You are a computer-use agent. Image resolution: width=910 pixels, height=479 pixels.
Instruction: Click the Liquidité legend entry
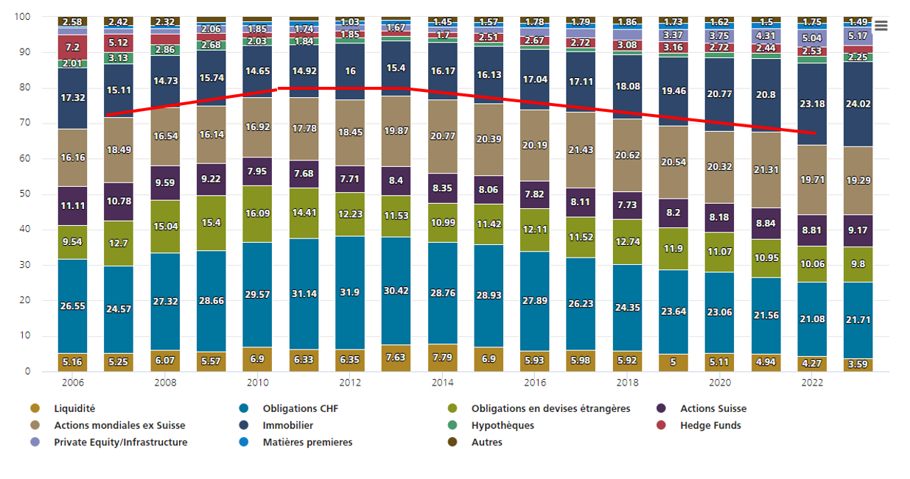pyautogui.click(x=74, y=408)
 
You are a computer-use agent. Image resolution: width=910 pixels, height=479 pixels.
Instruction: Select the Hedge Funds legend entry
pyautogui.click(x=710, y=425)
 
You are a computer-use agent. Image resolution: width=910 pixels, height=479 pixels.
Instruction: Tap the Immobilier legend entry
pyautogui.click(x=287, y=425)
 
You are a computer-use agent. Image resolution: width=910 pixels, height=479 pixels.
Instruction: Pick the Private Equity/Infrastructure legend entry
pyautogui.click(x=120, y=442)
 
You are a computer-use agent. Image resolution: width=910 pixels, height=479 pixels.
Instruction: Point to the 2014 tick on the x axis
pyautogui.click(x=443, y=383)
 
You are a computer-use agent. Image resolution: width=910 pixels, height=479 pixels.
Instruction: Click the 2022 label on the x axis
pyautogui.click(x=812, y=383)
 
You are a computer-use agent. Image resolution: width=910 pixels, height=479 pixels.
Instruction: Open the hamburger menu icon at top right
pyautogui.click(x=881, y=26)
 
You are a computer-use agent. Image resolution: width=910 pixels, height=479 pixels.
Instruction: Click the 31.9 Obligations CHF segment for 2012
pyautogui.click(x=350, y=293)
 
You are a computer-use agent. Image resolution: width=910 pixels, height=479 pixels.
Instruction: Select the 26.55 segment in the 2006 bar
pyautogui.click(x=73, y=306)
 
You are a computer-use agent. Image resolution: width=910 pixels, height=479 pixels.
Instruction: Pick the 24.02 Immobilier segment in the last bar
pyautogui.click(x=858, y=104)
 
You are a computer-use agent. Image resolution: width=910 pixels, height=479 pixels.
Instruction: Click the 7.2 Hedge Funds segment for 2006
pyautogui.click(x=73, y=47)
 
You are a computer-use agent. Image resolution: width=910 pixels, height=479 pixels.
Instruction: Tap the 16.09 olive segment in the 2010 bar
pyautogui.click(x=258, y=214)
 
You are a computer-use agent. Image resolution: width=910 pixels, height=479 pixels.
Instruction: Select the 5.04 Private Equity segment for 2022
pyautogui.click(x=811, y=38)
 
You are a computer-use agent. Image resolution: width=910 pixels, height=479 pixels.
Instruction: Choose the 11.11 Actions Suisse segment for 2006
pyautogui.click(x=73, y=206)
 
